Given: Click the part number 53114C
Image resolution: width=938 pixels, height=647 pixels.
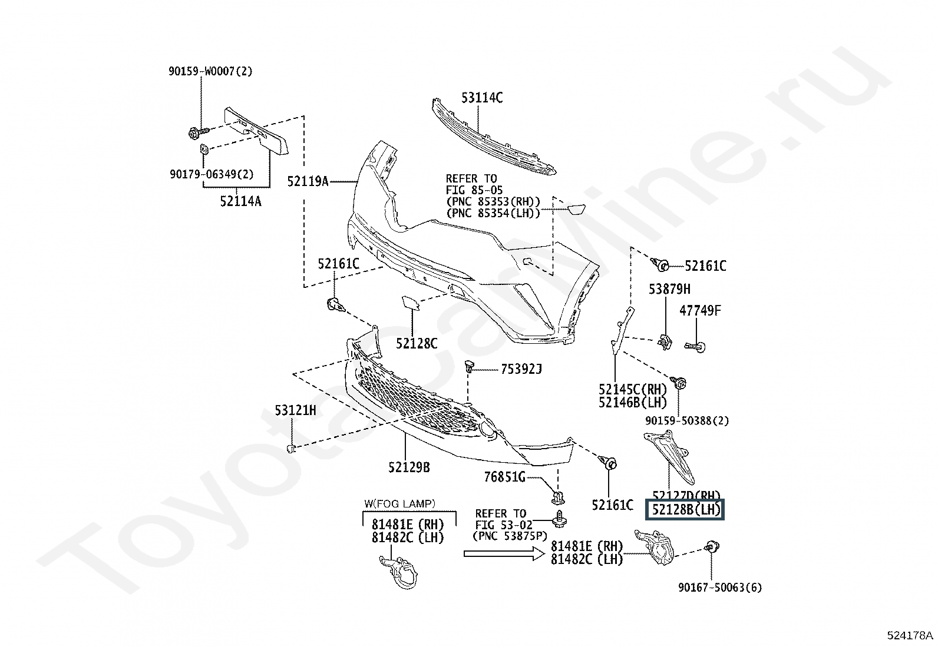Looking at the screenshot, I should click(x=481, y=98).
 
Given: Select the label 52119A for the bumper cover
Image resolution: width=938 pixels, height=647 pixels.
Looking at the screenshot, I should click(x=308, y=181).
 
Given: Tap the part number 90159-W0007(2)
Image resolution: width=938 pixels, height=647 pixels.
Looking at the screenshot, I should click(x=210, y=71).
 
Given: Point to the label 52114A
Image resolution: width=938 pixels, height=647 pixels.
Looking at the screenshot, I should click(x=240, y=201).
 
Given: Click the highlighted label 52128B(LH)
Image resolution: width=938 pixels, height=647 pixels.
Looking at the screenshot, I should click(x=685, y=510).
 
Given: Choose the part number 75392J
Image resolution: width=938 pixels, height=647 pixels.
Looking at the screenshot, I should click(x=521, y=369).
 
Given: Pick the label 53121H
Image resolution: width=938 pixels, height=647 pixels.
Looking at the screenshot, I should click(x=295, y=410).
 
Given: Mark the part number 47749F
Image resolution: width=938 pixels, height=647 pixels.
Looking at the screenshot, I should click(x=700, y=310).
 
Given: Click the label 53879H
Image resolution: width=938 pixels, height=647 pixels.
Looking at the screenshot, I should click(x=669, y=289).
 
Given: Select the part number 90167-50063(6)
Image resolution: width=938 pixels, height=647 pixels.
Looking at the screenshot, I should click(x=719, y=587).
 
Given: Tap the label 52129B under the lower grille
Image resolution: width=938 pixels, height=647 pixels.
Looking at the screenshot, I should click(x=409, y=467).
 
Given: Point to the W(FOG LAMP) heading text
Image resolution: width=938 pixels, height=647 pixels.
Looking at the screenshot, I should click(x=399, y=503).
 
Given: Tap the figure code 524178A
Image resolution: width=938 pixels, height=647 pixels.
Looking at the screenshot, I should click(x=910, y=635).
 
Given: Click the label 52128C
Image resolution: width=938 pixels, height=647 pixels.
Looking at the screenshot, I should click(x=417, y=343).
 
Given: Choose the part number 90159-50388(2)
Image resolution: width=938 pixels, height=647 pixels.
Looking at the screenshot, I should click(x=686, y=421).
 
